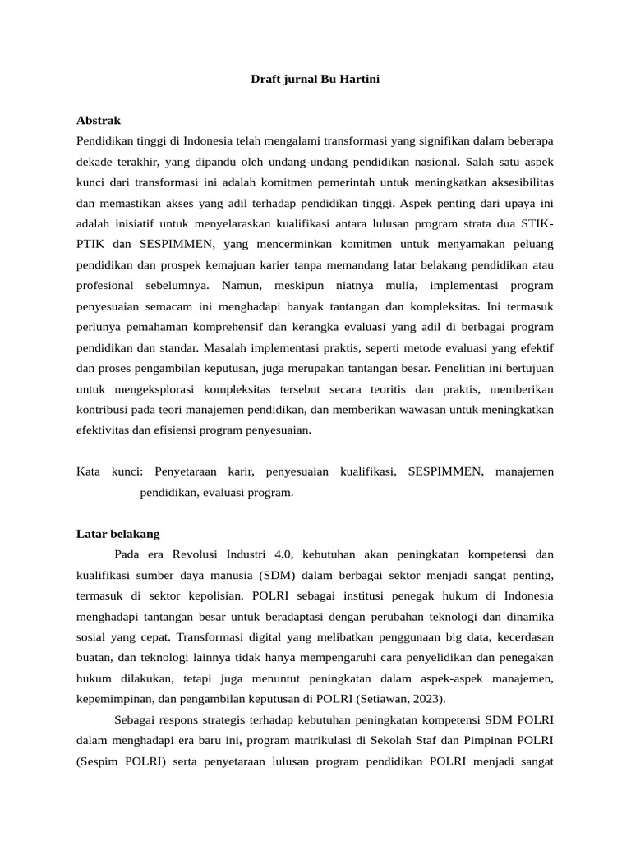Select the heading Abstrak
coord(98,120)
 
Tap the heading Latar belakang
coord(117,533)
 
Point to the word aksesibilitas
coord(514,182)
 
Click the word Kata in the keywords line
coord(89,471)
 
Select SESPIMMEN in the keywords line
coord(446,471)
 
